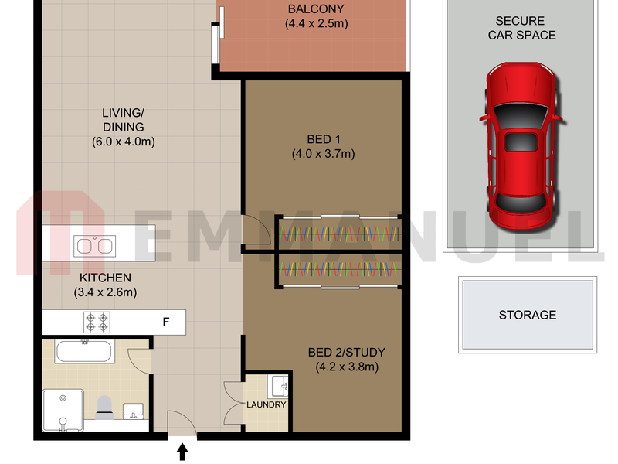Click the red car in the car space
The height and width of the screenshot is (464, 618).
[521, 145]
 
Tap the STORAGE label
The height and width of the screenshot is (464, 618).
[528, 315]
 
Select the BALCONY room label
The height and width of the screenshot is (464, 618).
[316, 9]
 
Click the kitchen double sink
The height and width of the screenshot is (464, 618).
[94, 246]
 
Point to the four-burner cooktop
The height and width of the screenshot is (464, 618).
[97, 322]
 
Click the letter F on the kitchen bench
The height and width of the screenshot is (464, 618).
[166, 322]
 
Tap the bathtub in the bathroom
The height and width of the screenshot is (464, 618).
[84, 351]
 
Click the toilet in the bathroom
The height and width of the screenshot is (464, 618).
[104, 408]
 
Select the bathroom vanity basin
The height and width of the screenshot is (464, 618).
[134, 411]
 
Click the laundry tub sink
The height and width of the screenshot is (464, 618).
[279, 386]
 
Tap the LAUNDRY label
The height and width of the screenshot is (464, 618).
[267, 404]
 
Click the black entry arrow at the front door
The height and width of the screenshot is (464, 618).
[182, 452]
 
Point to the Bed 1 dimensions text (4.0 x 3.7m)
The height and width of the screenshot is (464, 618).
[324, 153]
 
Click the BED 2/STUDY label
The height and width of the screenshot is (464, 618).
[347, 352]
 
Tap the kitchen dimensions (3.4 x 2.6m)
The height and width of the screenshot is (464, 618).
[105, 292]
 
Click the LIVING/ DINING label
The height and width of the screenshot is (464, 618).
[124, 120]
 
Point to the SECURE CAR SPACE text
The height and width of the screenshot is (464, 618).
[522, 28]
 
